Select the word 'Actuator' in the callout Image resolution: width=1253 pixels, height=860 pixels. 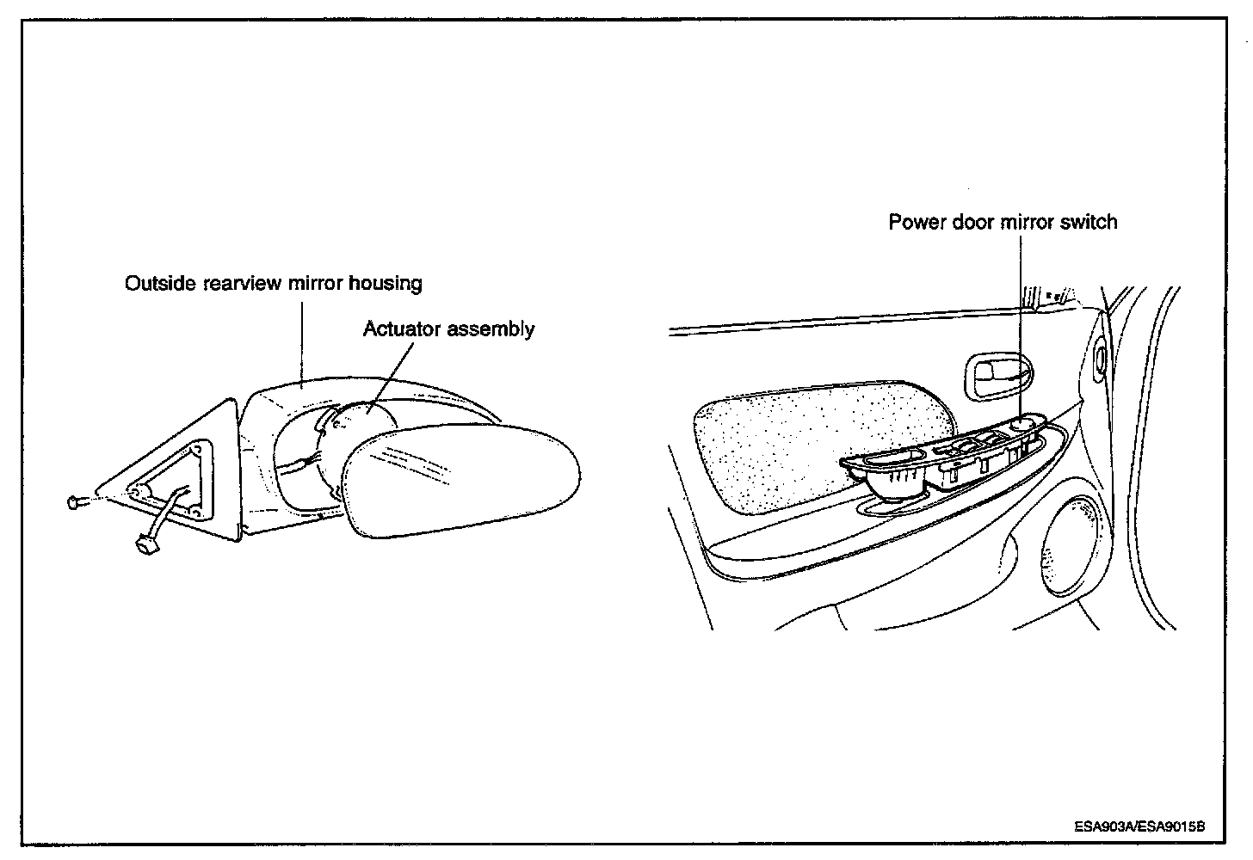coord(400,329)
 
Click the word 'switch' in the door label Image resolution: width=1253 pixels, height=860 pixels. coord(1089,222)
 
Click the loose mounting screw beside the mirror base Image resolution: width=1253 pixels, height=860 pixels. coord(74,501)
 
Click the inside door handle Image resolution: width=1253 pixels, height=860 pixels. coord(998,375)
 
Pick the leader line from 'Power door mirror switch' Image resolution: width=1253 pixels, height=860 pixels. coord(1021,327)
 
